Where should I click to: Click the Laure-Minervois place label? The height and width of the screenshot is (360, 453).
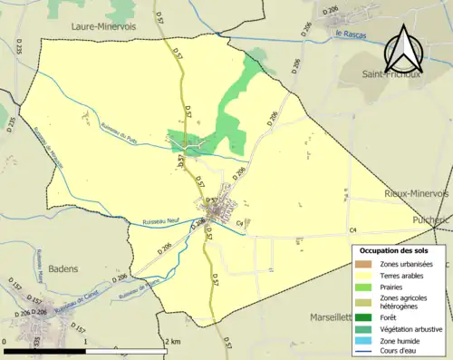[x=103, y=27]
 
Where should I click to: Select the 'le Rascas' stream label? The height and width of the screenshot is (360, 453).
[x=349, y=34]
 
